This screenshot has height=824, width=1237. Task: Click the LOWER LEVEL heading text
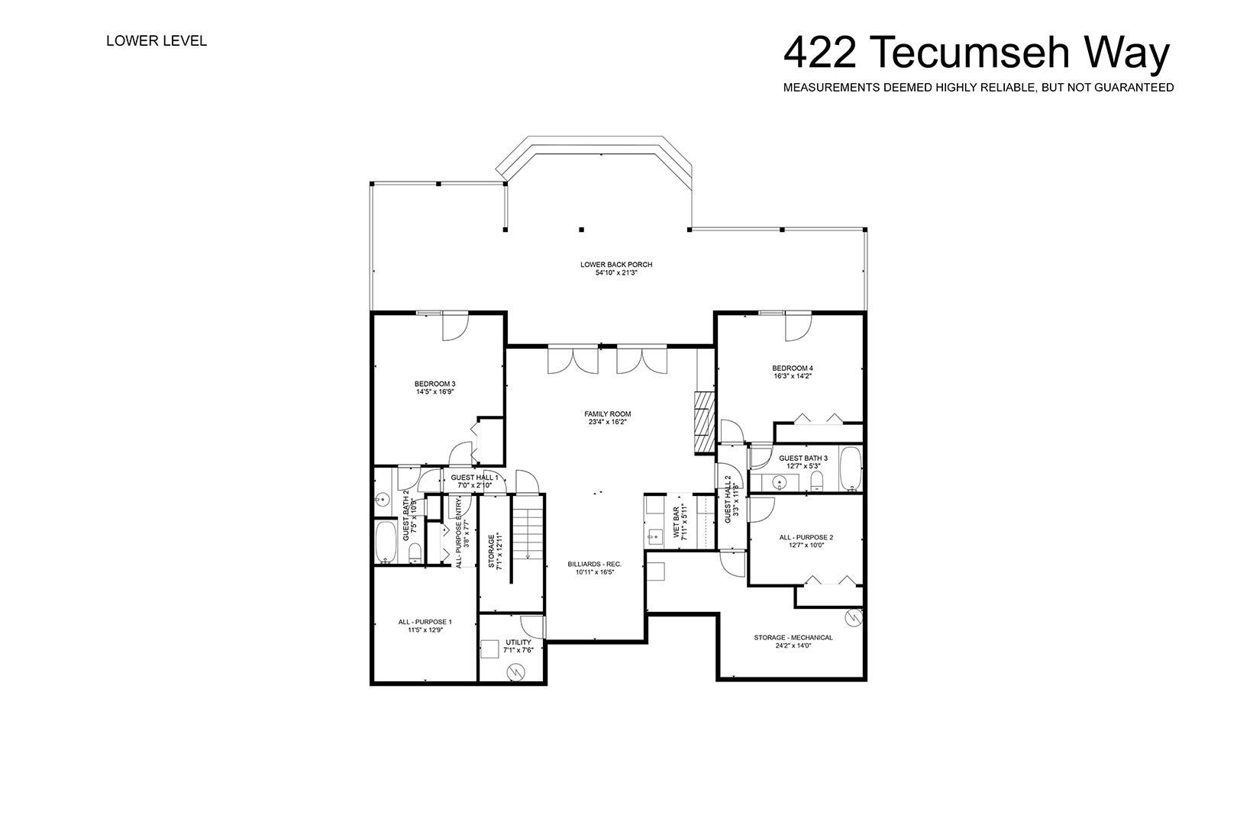(157, 41)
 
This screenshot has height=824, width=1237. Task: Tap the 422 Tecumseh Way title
(977, 53)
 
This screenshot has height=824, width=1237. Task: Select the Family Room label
(608, 414)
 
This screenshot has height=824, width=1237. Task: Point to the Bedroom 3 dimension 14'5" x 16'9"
(435, 392)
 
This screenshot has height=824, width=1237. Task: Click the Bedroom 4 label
(793, 368)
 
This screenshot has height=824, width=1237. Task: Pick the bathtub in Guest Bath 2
(386, 542)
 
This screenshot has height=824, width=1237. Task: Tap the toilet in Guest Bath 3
(816, 482)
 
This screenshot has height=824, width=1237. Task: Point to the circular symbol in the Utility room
(516, 671)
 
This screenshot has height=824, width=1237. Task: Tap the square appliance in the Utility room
(489, 649)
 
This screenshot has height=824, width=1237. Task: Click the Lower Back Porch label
(616, 264)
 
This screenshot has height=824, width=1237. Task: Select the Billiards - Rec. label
(595, 564)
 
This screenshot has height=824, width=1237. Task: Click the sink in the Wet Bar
(655, 536)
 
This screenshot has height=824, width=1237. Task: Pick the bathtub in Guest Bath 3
(851, 468)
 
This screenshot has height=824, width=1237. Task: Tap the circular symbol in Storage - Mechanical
(854, 617)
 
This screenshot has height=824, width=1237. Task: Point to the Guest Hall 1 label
(474, 478)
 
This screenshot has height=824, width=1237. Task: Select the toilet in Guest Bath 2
(416, 554)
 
